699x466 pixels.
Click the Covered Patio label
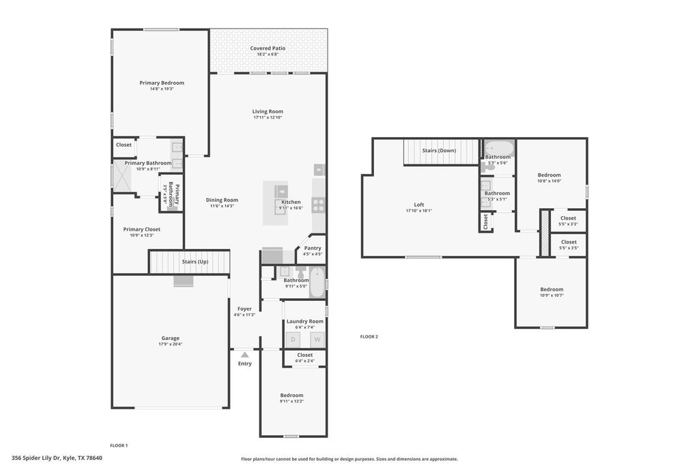pos(268,48)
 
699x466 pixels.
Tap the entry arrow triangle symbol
pos(244,354)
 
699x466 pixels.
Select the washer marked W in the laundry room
pos(317,339)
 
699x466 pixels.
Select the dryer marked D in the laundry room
pos(294,339)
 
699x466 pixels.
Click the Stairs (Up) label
pos(195,261)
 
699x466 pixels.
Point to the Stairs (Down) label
pos(439,150)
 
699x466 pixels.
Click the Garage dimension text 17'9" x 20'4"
pos(170,344)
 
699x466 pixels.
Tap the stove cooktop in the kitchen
pos(319,203)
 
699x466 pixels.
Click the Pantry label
pos(313,248)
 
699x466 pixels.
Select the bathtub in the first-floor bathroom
pos(317,282)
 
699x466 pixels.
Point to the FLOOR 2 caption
pos(369,336)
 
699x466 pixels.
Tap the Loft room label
pos(418,205)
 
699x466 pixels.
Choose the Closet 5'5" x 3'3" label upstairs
pos(568,218)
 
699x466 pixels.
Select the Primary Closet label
pos(142,229)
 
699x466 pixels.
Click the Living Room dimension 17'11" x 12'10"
pos(268,117)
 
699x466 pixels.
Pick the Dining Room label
pos(222,200)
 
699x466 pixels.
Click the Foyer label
pos(244,309)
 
